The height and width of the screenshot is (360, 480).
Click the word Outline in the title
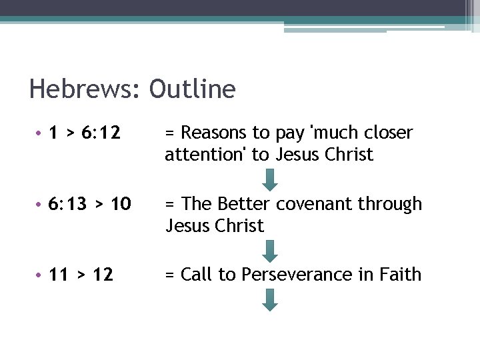pyautogui.click(x=193, y=89)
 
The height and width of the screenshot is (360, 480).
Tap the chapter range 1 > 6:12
pyautogui.click(x=84, y=133)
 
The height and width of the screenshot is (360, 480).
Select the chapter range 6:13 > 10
pyautogui.click(x=90, y=204)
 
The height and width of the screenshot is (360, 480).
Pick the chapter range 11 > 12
pyautogui.click(x=81, y=275)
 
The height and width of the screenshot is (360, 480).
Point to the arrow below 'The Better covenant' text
pyautogui.click(x=270, y=251)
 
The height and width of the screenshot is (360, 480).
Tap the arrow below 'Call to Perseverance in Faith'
pyautogui.click(x=270, y=300)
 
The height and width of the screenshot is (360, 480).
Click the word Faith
pyautogui.click(x=401, y=275)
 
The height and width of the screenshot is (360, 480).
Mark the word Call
pyautogui.click(x=196, y=275)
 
